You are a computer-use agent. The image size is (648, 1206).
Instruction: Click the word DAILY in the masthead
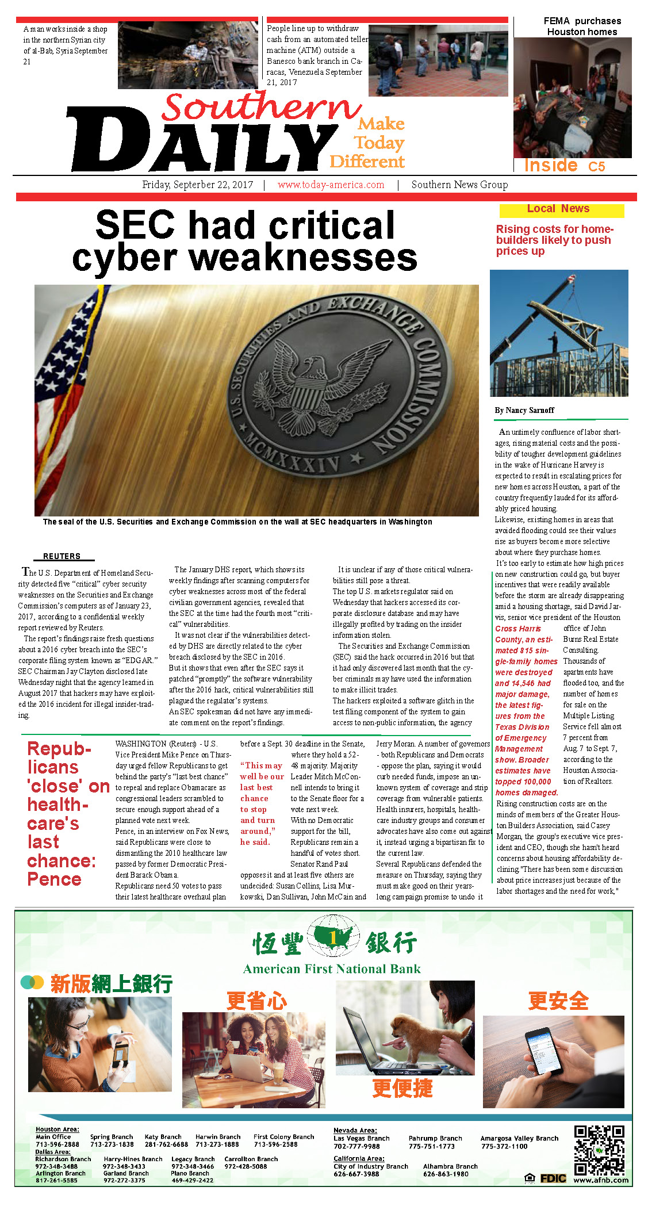coord(201,141)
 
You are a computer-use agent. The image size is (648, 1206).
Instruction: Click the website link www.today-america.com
coord(331,185)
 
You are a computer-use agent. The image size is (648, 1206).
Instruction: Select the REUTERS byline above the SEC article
coord(62,556)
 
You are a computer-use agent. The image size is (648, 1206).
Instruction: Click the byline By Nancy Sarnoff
coord(524,411)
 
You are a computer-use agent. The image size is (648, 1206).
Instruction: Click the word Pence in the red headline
coord(54,879)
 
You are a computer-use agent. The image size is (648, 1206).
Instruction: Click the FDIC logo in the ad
coord(553,1178)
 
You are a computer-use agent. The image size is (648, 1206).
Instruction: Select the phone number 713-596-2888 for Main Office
coord(57,1144)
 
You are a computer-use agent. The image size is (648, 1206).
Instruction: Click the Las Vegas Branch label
coord(361,1138)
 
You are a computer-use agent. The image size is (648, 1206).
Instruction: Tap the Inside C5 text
coord(564,166)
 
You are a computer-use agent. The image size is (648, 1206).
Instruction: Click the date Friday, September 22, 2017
coord(197,185)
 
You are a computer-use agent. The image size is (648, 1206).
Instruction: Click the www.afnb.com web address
coord(601,1180)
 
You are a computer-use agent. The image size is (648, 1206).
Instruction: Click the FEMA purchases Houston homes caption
coord(582,26)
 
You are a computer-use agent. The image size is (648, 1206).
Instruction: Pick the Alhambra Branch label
coord(450,1166)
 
